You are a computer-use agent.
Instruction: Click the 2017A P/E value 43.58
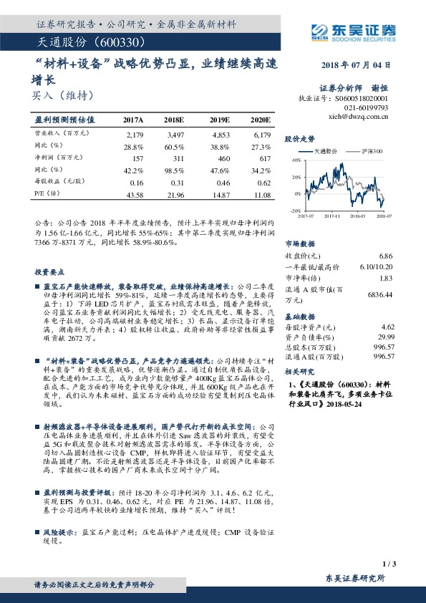134,195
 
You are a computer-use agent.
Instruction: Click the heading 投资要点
47,273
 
